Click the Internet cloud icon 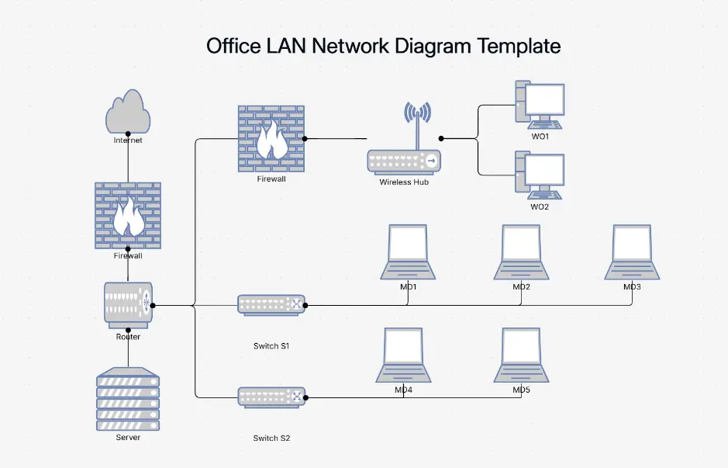(x=128, y=113)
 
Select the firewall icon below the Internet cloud (x=128, y=215)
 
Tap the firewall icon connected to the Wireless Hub (x=271, y=138)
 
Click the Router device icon (x=128, y=305)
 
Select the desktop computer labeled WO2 (x=540, y=175)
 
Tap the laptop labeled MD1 (x=408, y=252)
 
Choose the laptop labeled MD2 (x=521, y=252)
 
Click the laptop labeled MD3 (x=633, y=252)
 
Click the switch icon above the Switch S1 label (x=271, y=305)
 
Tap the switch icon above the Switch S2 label (x=271, y=397)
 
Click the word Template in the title (x=519, y=46)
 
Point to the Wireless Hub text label (x=404, y=182)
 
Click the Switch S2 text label (x=271, y=439)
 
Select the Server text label (x=128, y=438)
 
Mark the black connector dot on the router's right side (x=153, y=305)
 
